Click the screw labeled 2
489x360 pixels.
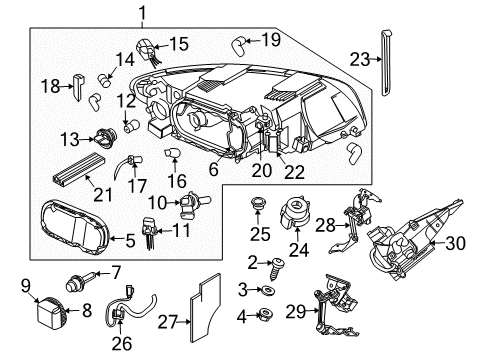272,263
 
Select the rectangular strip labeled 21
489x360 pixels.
77,171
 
